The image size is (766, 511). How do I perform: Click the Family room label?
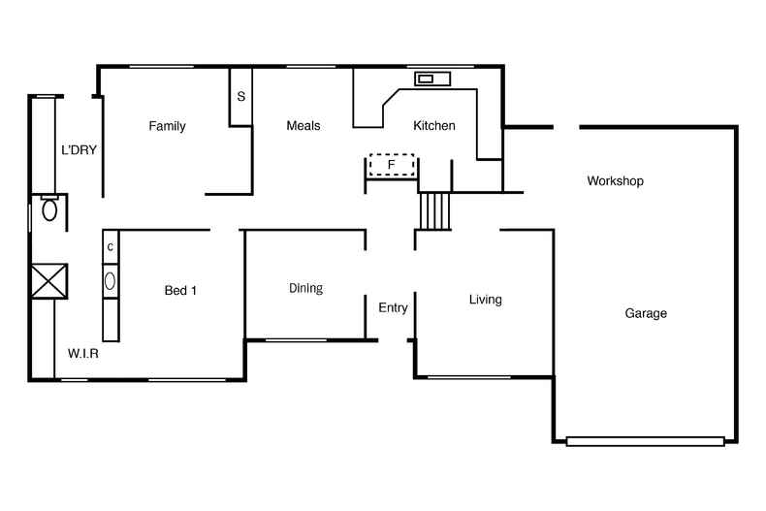pos(167,126)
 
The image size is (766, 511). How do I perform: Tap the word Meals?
pos(303,126)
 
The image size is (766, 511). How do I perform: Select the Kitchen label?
pos(434,126)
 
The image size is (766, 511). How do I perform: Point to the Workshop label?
pos(615,181)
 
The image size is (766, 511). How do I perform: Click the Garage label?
pos(646,314)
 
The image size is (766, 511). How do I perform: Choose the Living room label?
pos(485,300)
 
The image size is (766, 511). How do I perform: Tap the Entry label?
pos(393,308)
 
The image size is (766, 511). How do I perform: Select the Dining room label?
pos(305,289)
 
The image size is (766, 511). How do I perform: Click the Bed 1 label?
pos(180,291)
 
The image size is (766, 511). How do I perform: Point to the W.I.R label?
pos(83,354)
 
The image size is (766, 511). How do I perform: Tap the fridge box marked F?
pos(392,165)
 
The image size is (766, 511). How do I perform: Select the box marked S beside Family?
pos(240,97)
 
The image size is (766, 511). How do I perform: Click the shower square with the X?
pos(48,281)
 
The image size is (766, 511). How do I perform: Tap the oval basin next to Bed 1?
pos(111,281)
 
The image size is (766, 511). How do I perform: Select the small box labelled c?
pos(111,247)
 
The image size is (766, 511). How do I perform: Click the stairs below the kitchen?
pos(435,210)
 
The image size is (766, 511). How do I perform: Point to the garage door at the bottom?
pos(645,441)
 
